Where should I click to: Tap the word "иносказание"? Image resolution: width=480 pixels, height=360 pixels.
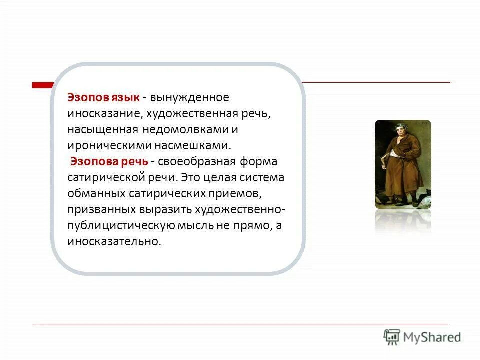(105, 113)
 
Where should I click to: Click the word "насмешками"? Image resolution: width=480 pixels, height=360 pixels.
(202, 145)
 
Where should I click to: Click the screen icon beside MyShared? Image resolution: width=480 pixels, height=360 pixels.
(392, 336)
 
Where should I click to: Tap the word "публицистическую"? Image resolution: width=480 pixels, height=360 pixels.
(121, 225)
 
